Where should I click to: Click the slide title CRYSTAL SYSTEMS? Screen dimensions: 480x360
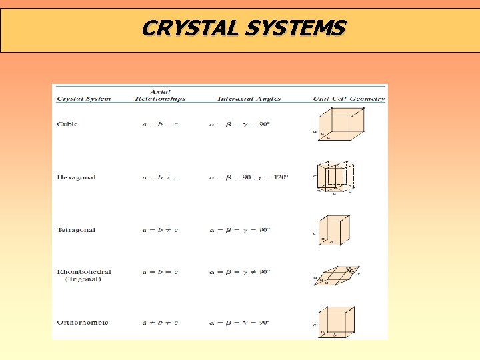(243, 28)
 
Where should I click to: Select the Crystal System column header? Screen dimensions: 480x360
(84, 99)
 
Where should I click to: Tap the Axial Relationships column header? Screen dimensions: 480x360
(160, 95)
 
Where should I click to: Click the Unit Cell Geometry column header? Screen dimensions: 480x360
(349, 99)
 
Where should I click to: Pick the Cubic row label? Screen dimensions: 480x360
(67, 124)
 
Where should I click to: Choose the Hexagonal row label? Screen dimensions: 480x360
(76, 177)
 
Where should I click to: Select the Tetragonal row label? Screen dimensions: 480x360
(76, 230)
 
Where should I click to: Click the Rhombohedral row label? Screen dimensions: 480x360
(84, 272)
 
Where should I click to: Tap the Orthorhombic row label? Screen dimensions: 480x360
(83, 323)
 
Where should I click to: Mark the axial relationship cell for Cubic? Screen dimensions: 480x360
(160, 124)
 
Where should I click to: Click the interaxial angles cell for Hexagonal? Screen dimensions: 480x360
(249, 177)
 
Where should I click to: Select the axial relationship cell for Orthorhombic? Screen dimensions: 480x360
(160, 323)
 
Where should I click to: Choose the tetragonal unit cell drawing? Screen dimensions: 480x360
(334, 230)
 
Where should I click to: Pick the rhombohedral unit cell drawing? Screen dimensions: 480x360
(339, 274)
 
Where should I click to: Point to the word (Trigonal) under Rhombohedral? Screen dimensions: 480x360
(84, 280)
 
